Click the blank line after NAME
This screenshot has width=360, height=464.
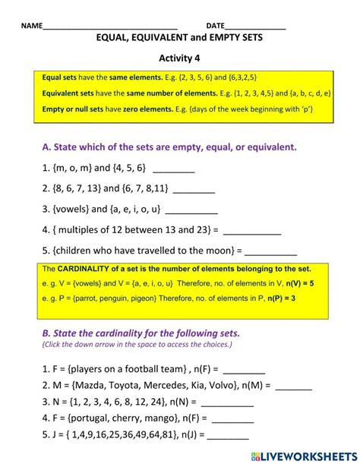pyautogui.click(x=110, y=27)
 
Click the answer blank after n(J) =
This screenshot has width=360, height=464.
pyautogui.click(x=228, y=437)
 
